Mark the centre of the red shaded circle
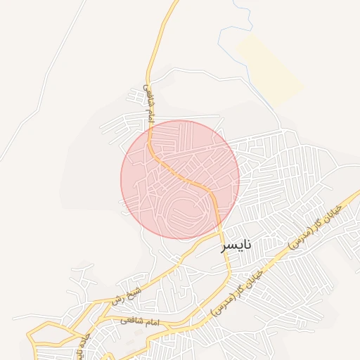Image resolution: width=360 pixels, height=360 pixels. [x=180, y=180]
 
